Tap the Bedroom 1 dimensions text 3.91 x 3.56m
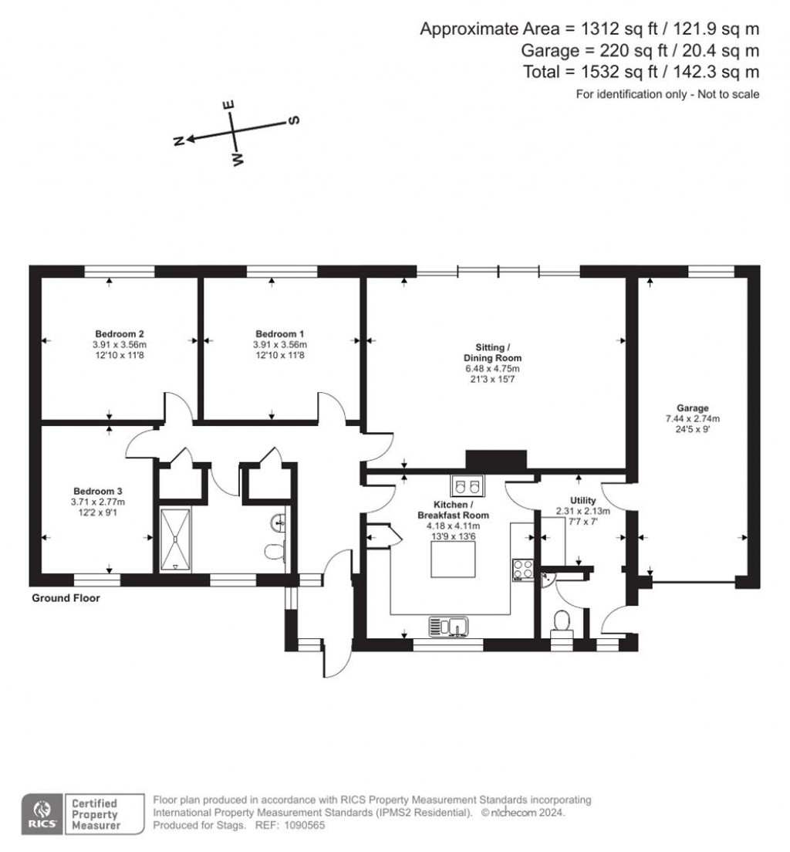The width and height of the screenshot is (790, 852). pyautogui.click(x=279, y=345)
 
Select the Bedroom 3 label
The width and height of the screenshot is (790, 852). pyautogui.click(x=98, y=491)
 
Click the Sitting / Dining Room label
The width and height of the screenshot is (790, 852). pyautogui.click(x=492, y=353)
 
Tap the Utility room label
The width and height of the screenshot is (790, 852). pyautogui.click(x=582, y=500)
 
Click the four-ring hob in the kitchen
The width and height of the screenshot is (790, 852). pyautogui.click(x=523, y=570)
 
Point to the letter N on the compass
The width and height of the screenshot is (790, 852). pyautogui.click(x=178, y=140)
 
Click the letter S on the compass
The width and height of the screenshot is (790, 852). pyautogui.click(x=293, y=120)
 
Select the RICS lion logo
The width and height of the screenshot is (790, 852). pyautogui.click(x=41, y=814)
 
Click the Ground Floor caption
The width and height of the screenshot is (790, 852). pyautogui.click(x=66, y=598)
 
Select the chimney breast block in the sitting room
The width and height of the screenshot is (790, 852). pyautogui.click(x=495, y=461)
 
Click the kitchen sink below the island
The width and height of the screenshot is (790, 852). pyautogui.click(x=450, y=626)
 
